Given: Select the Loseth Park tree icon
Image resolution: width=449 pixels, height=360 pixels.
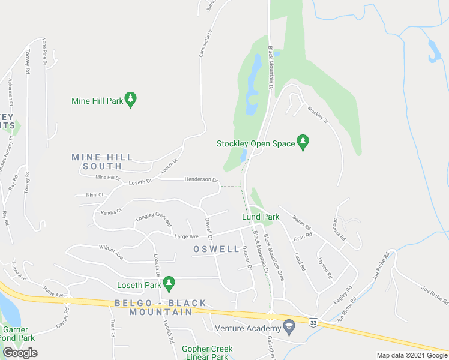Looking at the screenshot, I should click(169, 281).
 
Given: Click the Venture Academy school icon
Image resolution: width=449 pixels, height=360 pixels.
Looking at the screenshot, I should click(289, 328).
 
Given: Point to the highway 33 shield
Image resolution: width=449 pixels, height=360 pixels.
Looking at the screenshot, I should click(313, 323).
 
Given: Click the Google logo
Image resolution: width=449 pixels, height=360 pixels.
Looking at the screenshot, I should click(20, 353).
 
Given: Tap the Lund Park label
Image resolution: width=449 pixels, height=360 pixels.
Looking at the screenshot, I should click(261, 216).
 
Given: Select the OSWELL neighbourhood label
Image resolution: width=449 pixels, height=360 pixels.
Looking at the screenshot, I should click(216, 248).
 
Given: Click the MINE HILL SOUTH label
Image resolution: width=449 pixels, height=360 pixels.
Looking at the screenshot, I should click(102, 161).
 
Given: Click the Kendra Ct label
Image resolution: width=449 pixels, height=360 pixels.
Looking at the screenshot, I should click(111, 211).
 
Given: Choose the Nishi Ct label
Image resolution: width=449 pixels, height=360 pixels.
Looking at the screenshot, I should click(95, 194).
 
